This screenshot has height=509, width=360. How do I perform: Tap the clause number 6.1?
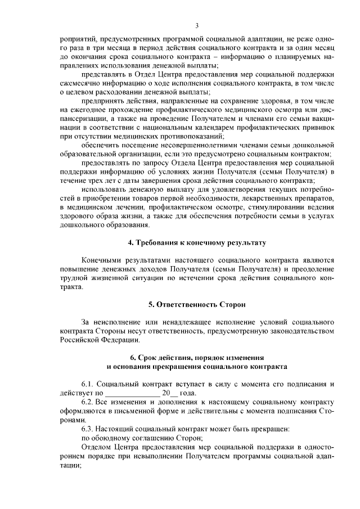point(88,384)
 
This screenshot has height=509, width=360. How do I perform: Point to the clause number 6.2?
point(88,402)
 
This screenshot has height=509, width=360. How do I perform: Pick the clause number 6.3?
point(88,430)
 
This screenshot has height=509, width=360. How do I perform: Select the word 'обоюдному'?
point(112,439)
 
